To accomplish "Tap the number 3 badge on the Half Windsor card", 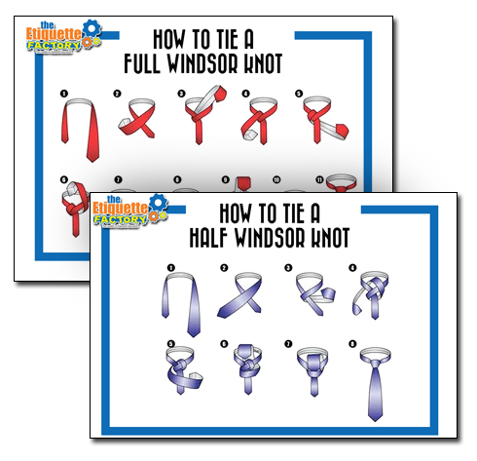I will (x=288, y=267).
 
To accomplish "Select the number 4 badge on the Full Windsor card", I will (x=245, y=95).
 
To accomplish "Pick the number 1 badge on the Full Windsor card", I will (x=63, y=95).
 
